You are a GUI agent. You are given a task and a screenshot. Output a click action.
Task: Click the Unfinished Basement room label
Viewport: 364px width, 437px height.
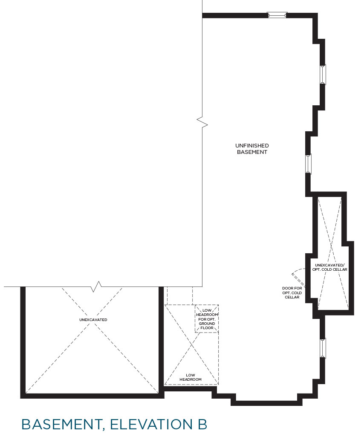click(x=252, y=149)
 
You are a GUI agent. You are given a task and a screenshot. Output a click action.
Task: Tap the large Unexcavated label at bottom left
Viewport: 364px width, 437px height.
click(x=93, y=320)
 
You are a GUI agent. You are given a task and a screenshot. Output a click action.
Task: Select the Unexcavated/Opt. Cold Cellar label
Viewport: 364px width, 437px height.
click(x=330, y=267)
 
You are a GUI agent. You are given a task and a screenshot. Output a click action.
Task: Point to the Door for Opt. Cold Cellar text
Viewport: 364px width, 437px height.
click(x=292, y=292)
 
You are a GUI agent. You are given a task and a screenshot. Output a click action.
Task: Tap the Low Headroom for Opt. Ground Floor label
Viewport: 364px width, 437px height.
click(x=207, y=319)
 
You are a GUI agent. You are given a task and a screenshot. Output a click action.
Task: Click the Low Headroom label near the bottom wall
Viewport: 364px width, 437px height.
click(x=191, y=377)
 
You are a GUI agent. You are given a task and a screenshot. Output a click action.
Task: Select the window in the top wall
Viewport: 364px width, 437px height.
click(x=277, y=15)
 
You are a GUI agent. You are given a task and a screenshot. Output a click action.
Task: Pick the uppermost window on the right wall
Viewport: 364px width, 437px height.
click(x=323, y=75)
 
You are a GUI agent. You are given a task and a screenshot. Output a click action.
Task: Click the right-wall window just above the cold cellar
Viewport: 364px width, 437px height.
click(x=308, y=164)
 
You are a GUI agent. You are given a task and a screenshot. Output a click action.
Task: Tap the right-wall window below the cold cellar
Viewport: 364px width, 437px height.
click(x=323, y=348)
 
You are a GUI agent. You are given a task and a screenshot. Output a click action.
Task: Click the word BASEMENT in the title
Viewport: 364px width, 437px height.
click(x=61, y=425)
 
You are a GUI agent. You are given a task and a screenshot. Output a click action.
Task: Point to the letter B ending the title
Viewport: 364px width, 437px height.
click(x=202, y=424)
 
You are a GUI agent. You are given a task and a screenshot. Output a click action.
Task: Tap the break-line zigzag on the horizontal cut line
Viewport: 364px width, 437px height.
click(x=96, y=287)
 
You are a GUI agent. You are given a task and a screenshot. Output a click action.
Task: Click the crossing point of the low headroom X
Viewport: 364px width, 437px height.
click(x=192, y=345)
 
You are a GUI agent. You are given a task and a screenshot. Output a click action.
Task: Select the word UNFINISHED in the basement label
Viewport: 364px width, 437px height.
click(x=252, y=145)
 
